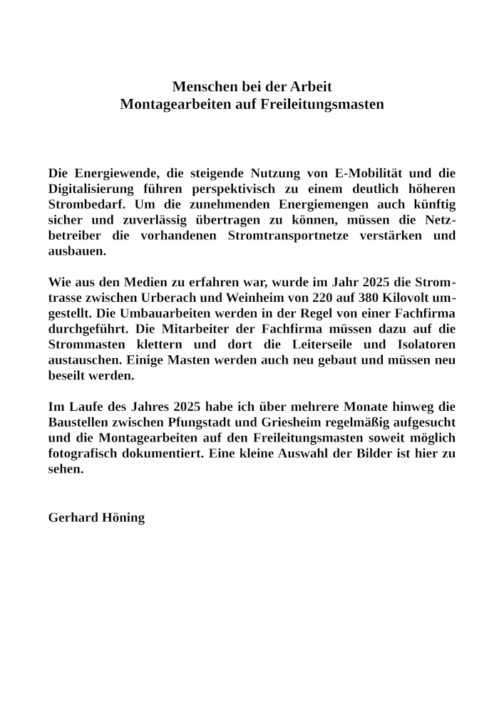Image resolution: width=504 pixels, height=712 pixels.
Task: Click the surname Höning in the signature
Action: [125, 518]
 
